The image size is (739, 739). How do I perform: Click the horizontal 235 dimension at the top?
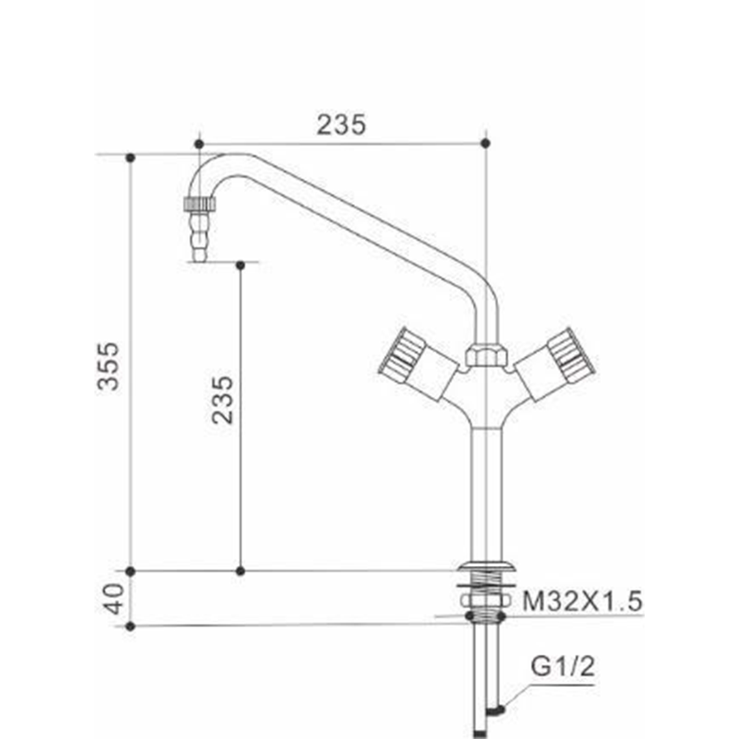tap(341, 125)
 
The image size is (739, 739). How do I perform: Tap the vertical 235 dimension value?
tap(222, 400)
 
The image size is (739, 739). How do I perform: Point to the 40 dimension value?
tap(114, 599)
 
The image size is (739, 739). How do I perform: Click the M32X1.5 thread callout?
tap(582, 601)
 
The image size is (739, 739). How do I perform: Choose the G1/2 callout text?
tap(562, 666)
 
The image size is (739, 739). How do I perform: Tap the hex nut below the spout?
tap(487, 354)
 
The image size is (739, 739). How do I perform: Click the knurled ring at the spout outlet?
tap(199, 204)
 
